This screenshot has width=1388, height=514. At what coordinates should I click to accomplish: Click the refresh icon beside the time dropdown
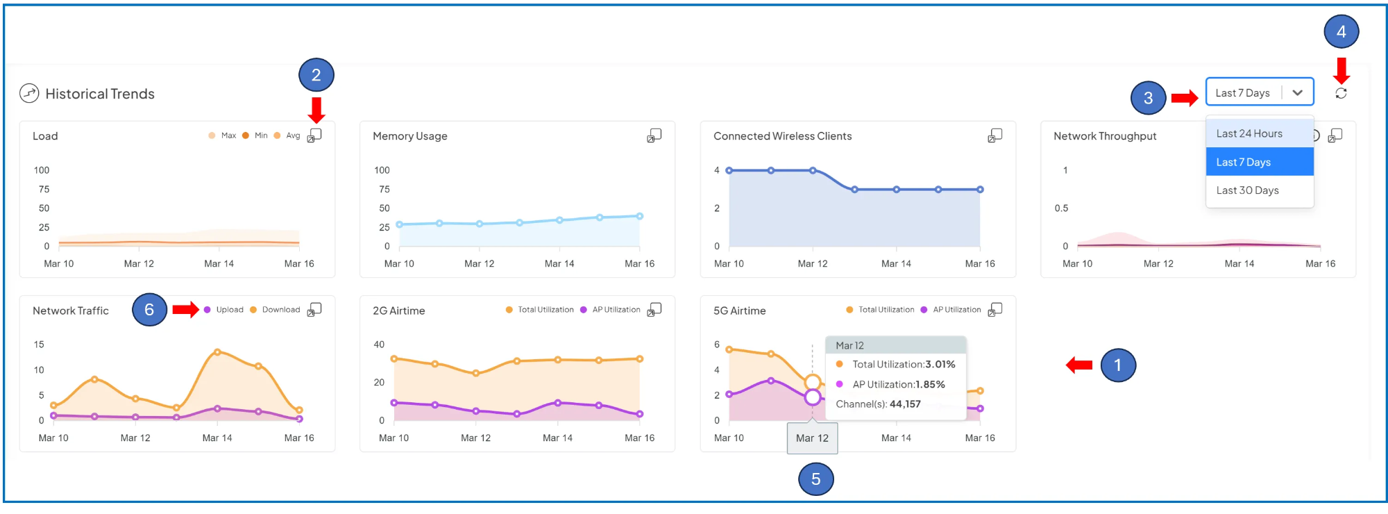coord(1341,93)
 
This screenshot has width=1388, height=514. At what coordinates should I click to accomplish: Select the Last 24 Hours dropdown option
coord(1249,133)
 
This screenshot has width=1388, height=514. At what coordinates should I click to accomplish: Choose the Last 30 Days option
coord(1247,190)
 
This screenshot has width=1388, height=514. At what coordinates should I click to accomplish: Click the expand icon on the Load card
coord(314,135)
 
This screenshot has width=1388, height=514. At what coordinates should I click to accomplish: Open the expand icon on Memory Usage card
coord(654,135)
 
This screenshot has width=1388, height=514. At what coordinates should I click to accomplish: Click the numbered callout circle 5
coord(815,479)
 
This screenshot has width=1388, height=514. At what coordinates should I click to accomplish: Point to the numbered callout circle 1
coord(1117,365)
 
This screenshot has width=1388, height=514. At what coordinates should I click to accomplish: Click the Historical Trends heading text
coord(100,94)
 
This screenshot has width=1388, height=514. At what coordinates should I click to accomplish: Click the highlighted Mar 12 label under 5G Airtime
coord(812,438)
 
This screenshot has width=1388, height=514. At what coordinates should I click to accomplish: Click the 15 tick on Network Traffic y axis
coord(39,345)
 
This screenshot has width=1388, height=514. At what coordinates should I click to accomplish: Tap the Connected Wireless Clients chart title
coord(782,136)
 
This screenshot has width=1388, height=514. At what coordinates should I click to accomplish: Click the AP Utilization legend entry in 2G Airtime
coord(616,310)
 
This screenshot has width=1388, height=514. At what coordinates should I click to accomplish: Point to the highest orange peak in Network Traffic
coord(217,352)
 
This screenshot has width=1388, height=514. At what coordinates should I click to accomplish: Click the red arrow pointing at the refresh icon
coord(1342,70)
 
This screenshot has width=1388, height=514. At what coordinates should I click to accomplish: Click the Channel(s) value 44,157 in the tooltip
coord(905,404)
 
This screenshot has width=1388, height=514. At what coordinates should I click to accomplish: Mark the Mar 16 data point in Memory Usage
coord(639,216)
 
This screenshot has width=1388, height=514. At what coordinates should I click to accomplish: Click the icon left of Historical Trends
coord(29,93)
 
